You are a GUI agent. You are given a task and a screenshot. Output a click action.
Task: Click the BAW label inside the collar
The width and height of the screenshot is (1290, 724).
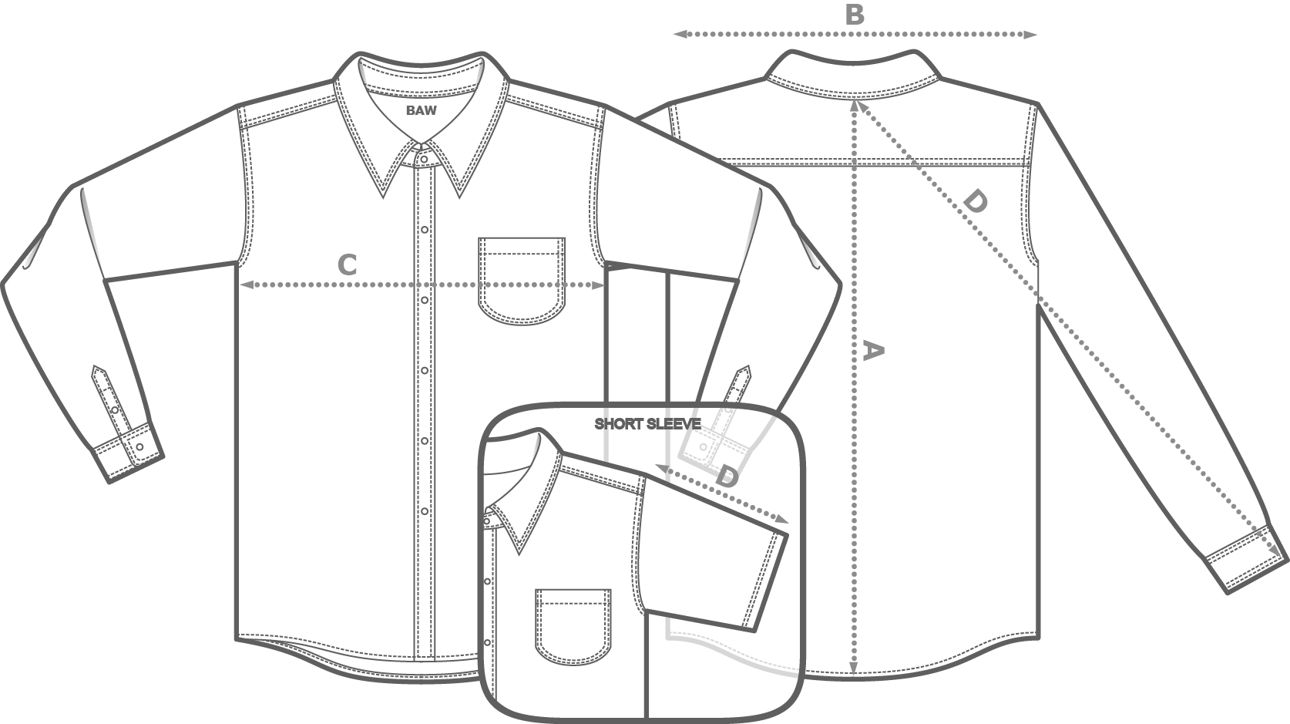coord(422,110)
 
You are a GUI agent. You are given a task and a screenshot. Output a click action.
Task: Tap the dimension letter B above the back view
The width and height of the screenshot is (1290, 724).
coord(855,15)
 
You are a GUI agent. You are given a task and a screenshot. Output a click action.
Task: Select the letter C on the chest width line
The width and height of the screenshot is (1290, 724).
coord(348,265)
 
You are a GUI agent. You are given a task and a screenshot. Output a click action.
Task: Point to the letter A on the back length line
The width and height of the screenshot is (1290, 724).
coord(872,351)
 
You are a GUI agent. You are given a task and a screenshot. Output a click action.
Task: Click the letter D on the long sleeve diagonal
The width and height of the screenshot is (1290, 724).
coord(975,202)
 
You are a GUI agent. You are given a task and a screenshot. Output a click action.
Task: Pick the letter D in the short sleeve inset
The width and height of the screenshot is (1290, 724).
coord(726,476)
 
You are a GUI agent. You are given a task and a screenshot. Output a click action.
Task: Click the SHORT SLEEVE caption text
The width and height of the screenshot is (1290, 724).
coord(647,424)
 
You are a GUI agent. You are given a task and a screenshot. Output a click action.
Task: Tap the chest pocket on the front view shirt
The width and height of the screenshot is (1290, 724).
coord(522,279)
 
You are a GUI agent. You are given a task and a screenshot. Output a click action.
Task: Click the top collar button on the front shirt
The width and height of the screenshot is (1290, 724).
coord(422,158)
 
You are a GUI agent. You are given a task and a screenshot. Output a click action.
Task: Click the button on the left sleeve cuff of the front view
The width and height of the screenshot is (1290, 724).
coord(139,447)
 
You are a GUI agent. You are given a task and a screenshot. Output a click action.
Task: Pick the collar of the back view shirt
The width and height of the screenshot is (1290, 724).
coord(852,74)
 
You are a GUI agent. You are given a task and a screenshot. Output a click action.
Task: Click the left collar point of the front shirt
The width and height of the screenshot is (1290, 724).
coord(384,196)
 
